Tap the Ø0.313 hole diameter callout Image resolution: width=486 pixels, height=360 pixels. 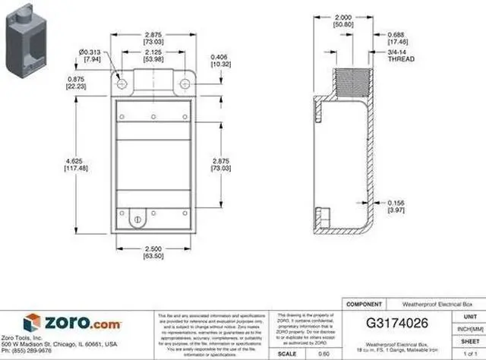(103, 53)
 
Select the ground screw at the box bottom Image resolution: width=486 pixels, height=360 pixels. (137, 219)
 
